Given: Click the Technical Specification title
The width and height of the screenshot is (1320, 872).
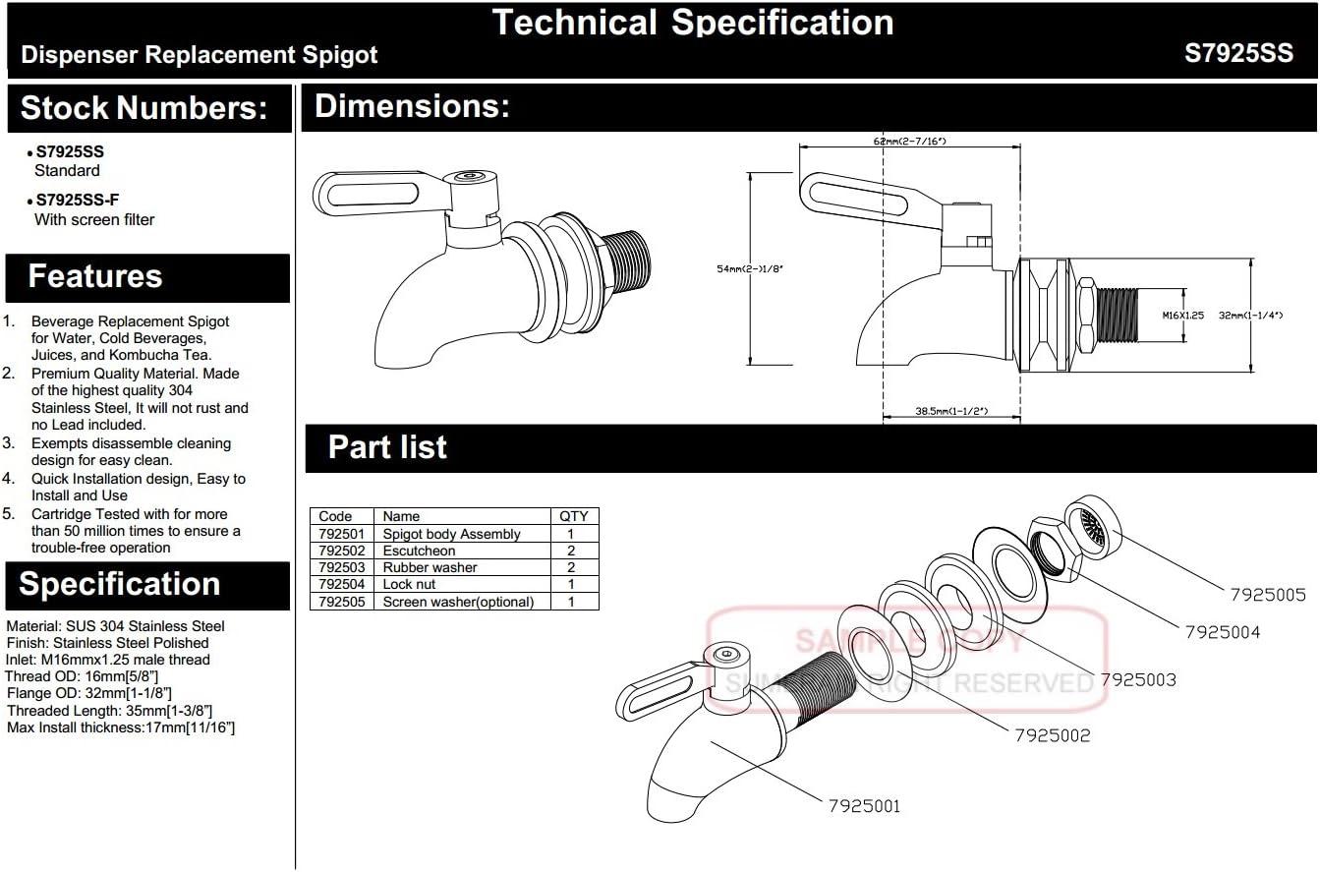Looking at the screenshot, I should tap(692, 23).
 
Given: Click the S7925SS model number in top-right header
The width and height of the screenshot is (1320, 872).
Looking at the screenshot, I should tap(1238, 54).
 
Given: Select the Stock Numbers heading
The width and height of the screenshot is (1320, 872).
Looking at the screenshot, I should tap(143, 108).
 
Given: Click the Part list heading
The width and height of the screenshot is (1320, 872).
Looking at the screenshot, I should tap(387, 447).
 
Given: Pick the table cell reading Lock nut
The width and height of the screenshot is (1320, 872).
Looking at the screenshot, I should tap(409, 584).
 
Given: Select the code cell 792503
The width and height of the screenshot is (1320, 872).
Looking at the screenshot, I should tap(341, 567).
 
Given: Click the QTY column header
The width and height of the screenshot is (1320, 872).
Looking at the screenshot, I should tap(573, 516).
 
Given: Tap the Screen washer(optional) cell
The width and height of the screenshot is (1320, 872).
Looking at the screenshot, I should tap(458, 602).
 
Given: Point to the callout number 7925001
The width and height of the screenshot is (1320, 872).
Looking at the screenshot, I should tap(863, 806).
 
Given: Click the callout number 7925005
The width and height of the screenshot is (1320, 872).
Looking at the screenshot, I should tap(1268, 594).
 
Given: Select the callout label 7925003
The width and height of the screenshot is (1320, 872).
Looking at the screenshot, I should tap(1137, 679).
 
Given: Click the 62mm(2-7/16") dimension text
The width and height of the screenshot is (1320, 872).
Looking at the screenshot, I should tap(909, 142).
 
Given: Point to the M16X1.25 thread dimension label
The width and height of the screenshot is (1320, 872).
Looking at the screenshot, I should tap(1182, 316).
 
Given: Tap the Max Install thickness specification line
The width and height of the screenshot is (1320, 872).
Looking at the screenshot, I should tap(120, 727).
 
